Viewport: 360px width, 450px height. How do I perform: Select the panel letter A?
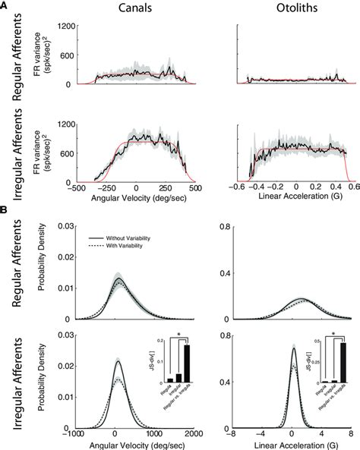pyautogui.click(x=7, y=8)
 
